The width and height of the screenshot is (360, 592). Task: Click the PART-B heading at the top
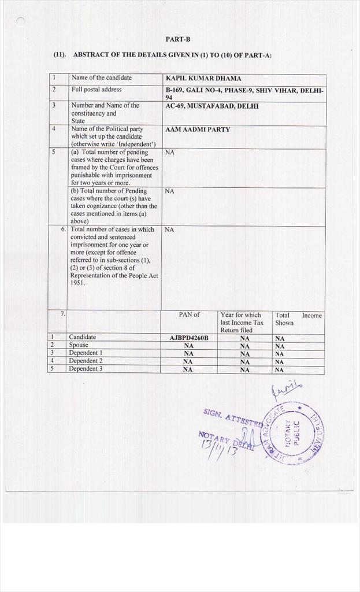pos(177,39)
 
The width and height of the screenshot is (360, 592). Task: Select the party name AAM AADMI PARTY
pos(198,129)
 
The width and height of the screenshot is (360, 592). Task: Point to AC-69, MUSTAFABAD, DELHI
pos(212,106)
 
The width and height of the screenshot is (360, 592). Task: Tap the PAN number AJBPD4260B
pos(189,338)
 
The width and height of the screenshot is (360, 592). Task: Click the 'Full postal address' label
pos(97,90)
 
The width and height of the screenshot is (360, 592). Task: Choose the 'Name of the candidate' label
pos(101,77)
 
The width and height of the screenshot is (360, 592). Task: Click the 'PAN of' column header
pos(189,314)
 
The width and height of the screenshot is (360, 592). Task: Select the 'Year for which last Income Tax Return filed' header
pos(242,323)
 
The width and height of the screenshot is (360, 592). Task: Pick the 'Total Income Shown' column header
pos(297,319)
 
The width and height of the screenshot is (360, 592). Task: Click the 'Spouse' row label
pos(79,345)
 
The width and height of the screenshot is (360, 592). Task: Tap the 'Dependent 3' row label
pos(86,368)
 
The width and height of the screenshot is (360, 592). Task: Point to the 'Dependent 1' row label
pos(86,353)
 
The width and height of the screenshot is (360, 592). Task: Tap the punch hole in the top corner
pos(21,22)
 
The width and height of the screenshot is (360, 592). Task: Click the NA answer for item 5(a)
pos(169,153)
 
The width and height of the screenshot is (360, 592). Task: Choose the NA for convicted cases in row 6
pos(169,230)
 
